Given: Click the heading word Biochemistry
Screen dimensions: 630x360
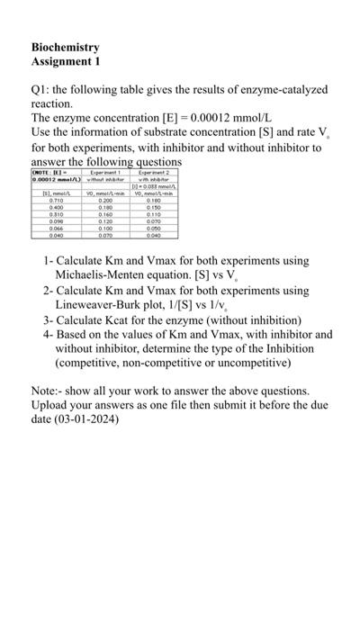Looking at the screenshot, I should (x=65, y=47).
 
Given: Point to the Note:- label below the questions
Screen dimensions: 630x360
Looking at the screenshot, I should (x=49, y=391).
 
